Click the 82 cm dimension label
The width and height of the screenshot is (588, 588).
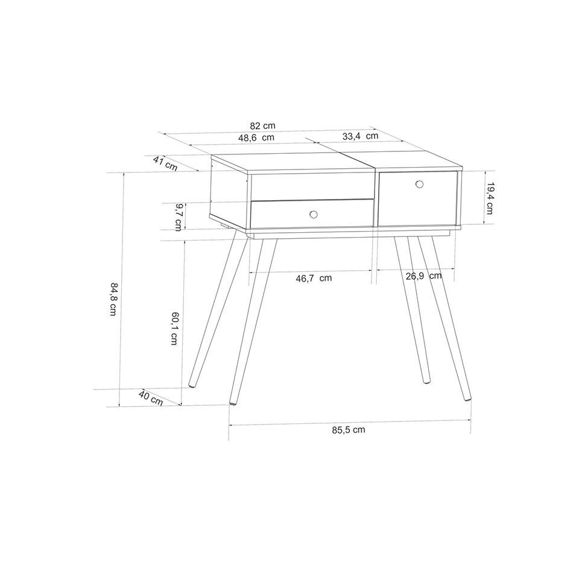point(262,125)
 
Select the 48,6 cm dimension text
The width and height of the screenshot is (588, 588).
point(256,138)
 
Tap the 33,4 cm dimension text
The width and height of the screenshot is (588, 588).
point(360,136)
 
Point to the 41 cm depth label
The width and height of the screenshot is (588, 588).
point(165,164)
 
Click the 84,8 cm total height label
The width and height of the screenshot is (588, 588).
point(113,299)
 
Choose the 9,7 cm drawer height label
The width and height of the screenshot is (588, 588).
point(179,217)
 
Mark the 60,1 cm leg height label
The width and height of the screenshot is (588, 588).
point(174,328)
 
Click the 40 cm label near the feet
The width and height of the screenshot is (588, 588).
point(151,398)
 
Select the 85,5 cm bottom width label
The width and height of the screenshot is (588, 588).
point(348,430)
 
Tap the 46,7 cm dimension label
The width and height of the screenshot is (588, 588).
point(314,278)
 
